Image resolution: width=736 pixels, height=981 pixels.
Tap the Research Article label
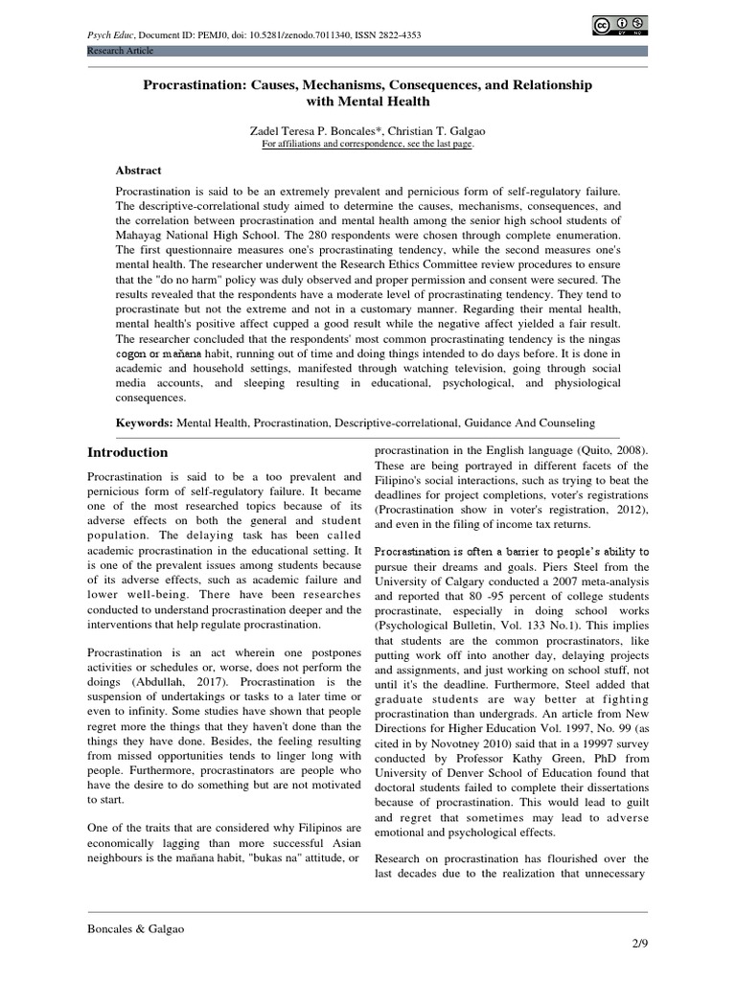(120, 51)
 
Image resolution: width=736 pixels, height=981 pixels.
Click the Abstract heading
(139, 170)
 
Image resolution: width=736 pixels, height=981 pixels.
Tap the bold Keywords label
(146, 422)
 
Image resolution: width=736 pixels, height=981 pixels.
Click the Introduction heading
(127, 452)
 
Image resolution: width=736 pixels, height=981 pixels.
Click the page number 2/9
(637, 946)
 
